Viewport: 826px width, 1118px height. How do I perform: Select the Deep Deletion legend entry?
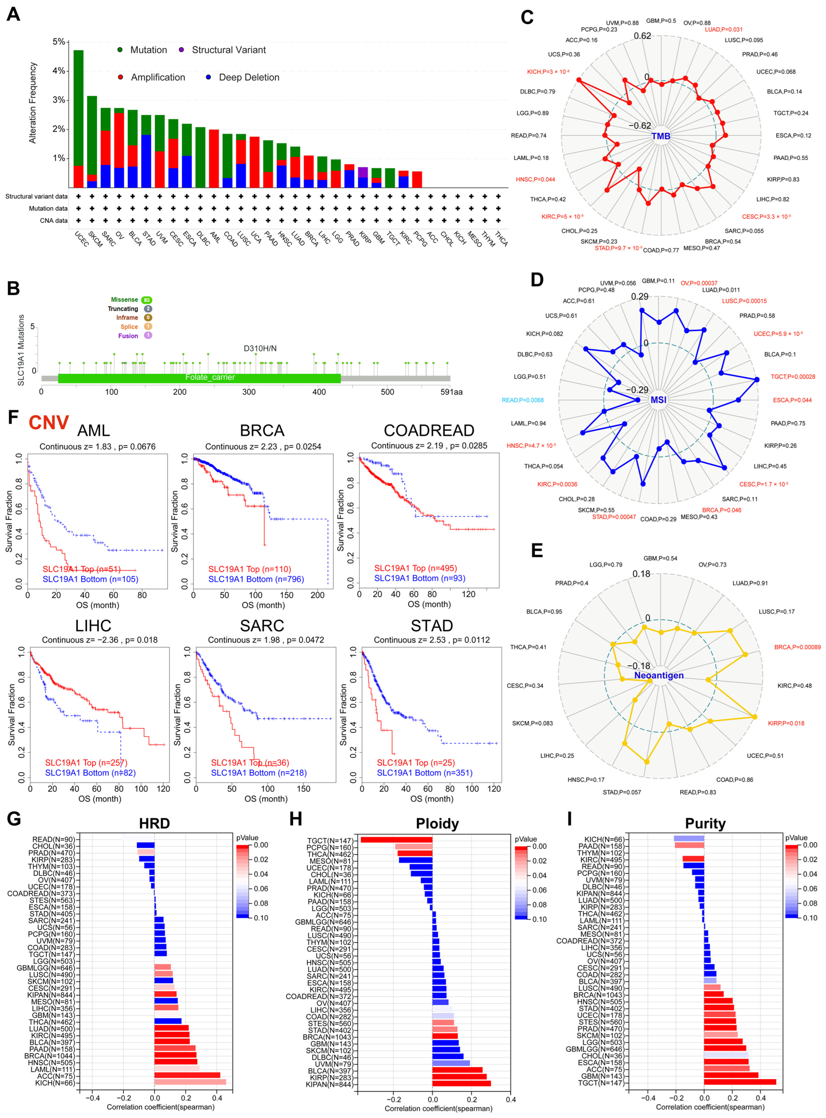pyautogui.click(x=248, y=77)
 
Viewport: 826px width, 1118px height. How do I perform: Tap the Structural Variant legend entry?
pyautogui.click(x=229, y=50)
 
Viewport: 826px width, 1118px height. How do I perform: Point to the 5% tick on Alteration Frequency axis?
pyautogui.click(x=59, y=42)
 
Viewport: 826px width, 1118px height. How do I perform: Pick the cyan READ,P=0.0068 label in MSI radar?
pyautogui.click(x=522, y=400)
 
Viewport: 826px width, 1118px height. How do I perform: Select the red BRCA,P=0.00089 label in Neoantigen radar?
pyautogui.click(x=797, y=647)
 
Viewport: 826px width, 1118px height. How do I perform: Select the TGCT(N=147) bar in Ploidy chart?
pyautogui.click(x=396, y=840)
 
